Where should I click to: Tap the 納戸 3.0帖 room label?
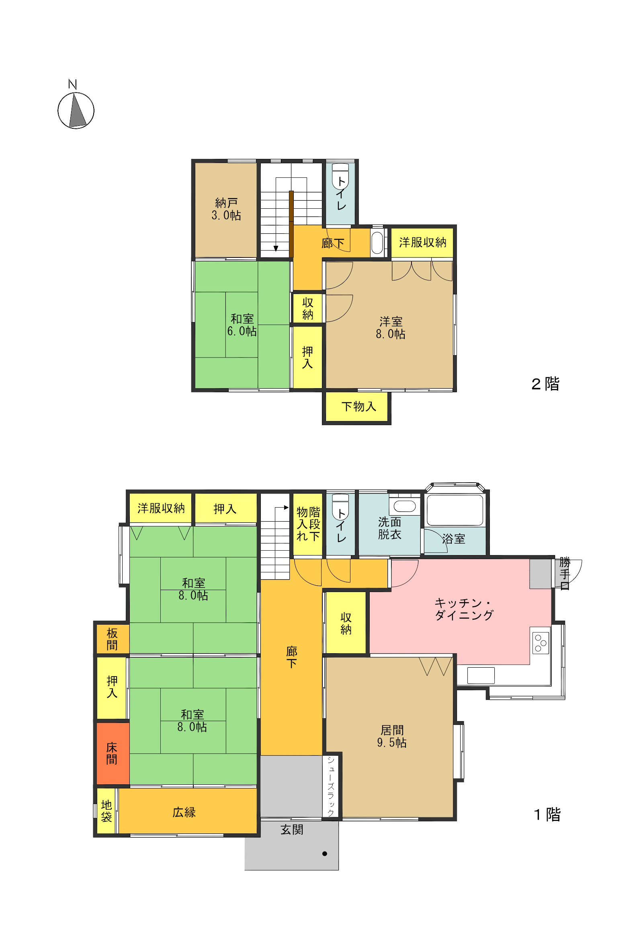[x=226, y=209]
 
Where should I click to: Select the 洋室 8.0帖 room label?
[x=390, y=328]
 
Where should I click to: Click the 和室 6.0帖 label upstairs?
[x=242, y=325]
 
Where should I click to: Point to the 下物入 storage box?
[x=357, y=407]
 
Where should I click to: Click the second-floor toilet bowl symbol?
[x=340, y=176]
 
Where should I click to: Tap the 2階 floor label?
[x=545, y=384]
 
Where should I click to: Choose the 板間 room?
[x=113, y=639]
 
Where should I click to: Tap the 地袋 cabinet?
[x=106, y=811]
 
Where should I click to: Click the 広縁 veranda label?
[x=184, y=812]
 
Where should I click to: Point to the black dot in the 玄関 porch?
[x=325, y=854]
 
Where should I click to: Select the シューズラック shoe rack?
[x=331, y=786]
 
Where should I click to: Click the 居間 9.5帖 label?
[x=391, y=736]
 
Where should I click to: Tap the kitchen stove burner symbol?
[x=541, y=643]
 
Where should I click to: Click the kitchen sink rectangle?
[x=481, y=675]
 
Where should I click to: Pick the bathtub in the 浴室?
[x=455, y=510]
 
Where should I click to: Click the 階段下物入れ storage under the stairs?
[x=307, y=524]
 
